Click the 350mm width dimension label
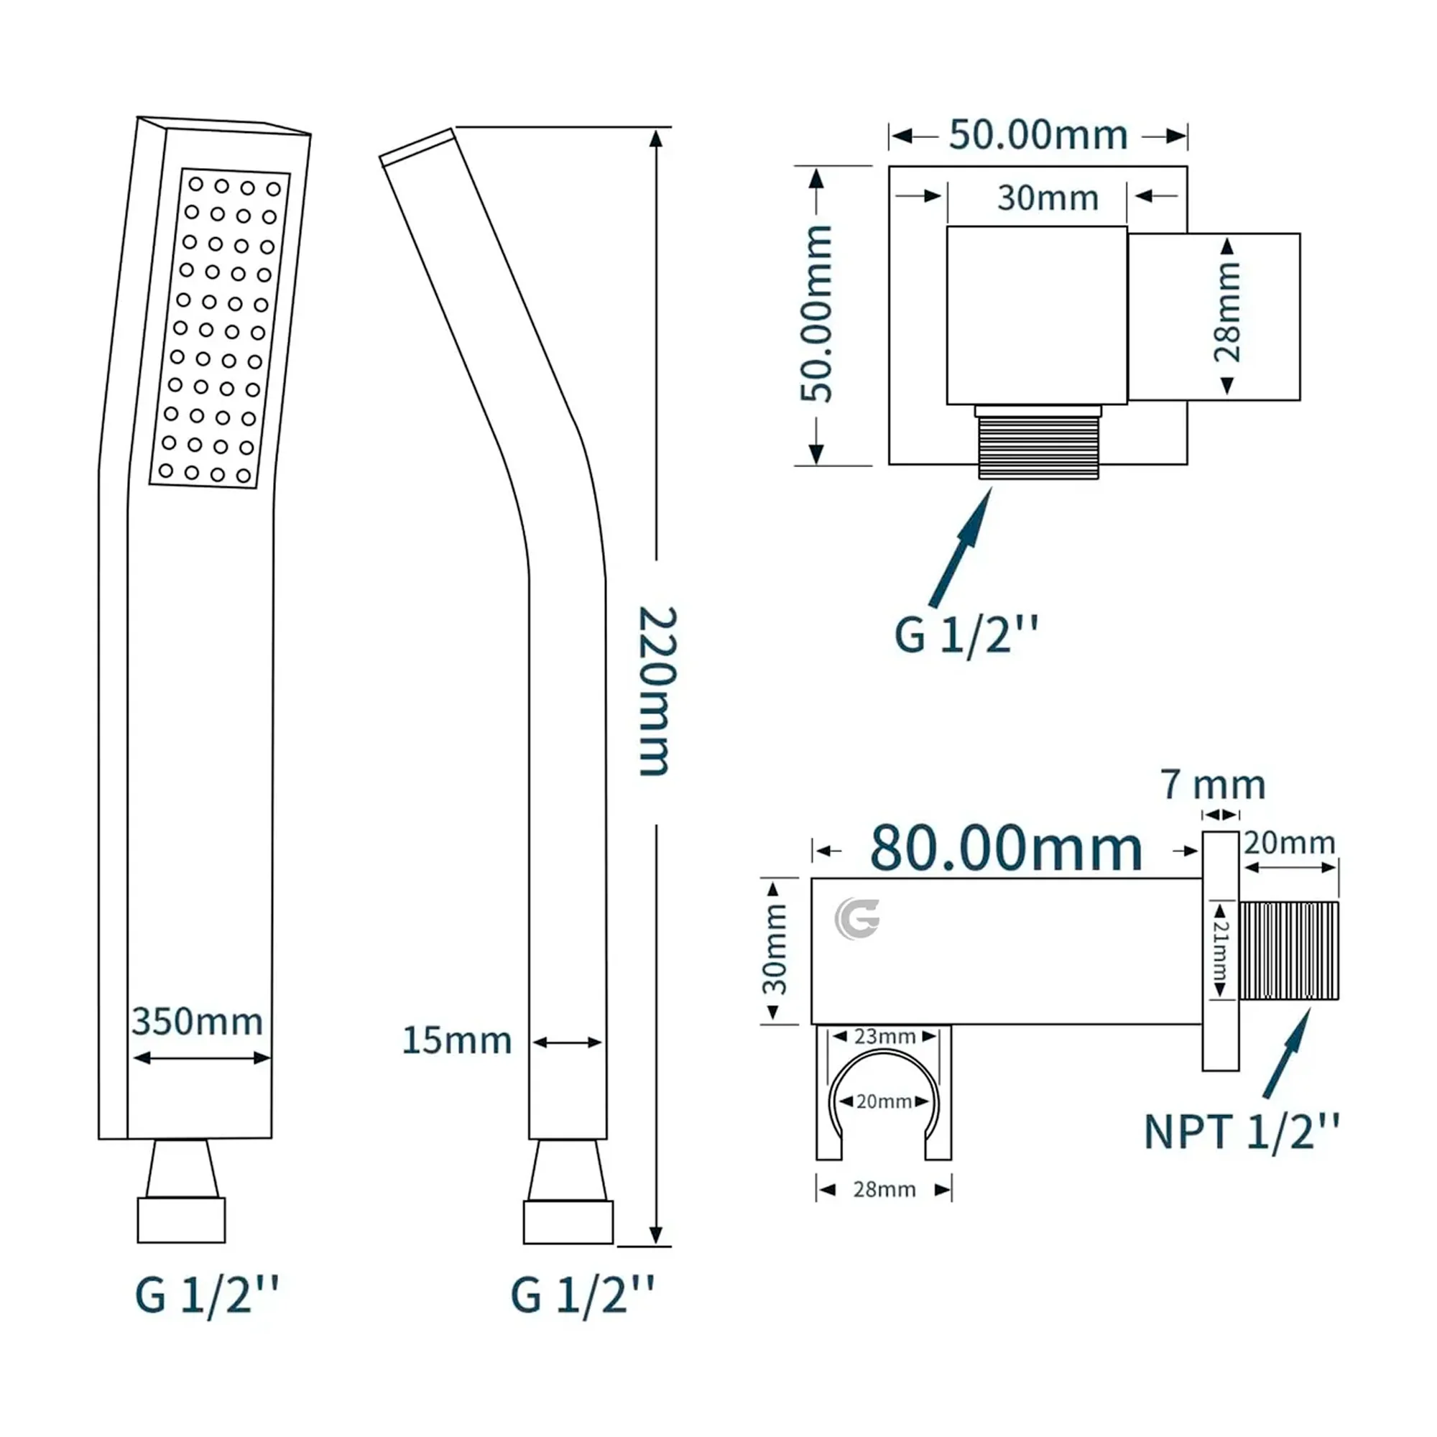[x=197, y=1021]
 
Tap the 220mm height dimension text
[x=657, y=691]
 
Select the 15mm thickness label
[x=457, y=1040]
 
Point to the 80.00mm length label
[x=1006, y=849]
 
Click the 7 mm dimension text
[x=1213, y=785]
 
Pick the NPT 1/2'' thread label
[x=1242, y=1133]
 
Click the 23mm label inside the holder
[x=884, y=1037]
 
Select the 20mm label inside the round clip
[x=884, y=1101]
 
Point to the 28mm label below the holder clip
[x=884, y=1189]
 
